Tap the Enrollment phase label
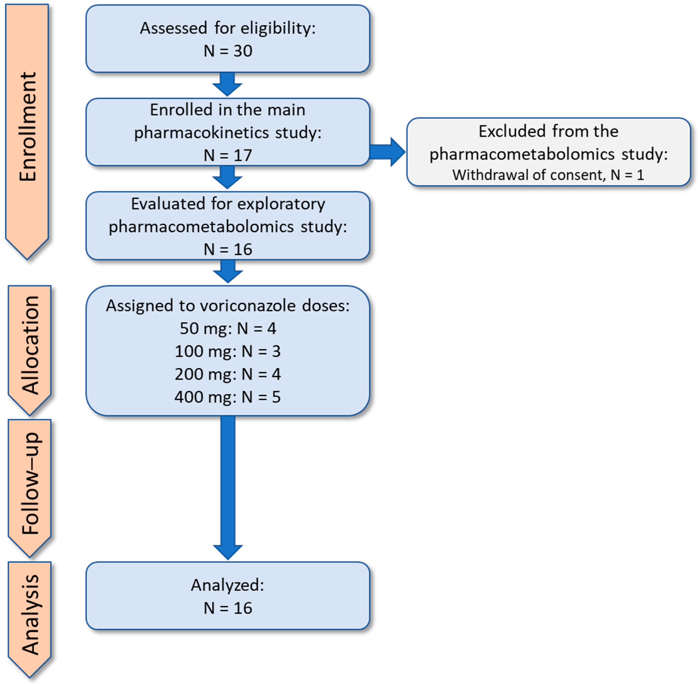point(28,127)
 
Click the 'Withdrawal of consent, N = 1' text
point(548,175)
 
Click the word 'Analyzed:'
point(227,585)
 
